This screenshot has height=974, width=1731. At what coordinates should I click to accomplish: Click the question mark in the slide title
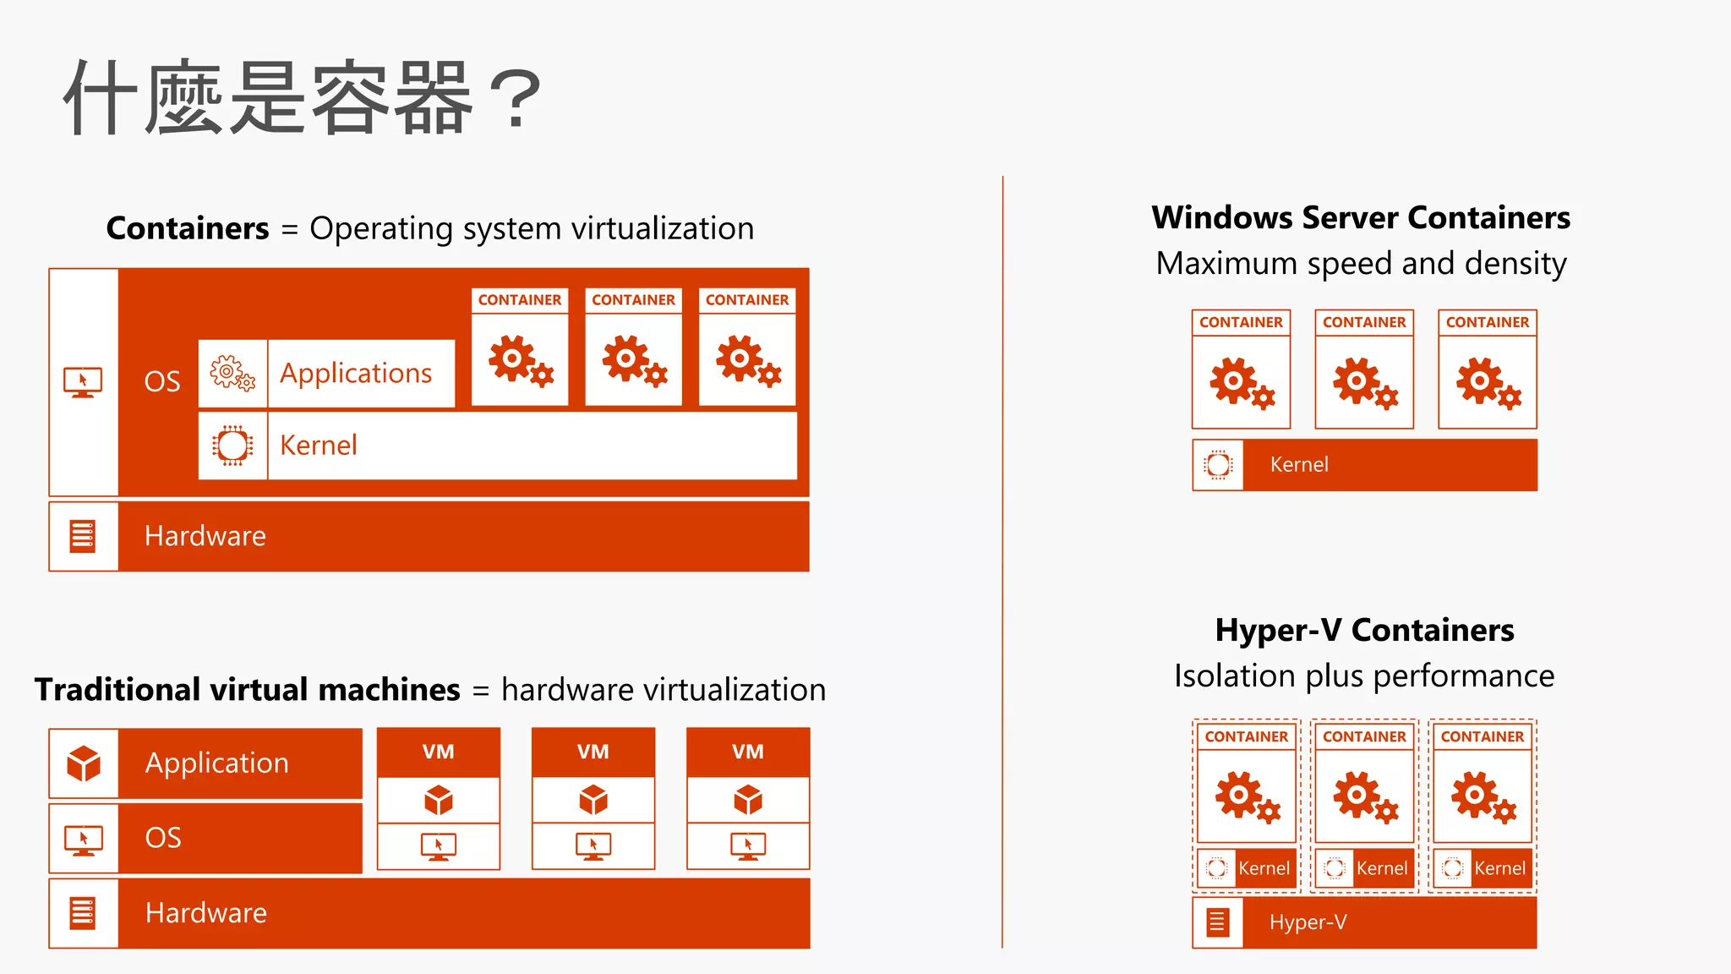(514, 99)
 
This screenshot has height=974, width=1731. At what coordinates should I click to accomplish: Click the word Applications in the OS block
(356, 373)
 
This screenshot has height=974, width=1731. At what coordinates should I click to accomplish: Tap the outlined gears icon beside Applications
(232, 373)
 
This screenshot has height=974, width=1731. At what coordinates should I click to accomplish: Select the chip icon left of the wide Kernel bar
(232, 446)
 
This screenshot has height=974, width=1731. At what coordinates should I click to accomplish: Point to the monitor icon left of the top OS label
(83, 382)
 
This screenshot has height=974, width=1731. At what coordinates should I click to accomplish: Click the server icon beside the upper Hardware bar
(83, 536)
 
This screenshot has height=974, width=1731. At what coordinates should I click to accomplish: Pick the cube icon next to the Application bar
(84, 763)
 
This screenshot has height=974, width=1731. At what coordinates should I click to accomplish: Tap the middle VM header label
(593, 752)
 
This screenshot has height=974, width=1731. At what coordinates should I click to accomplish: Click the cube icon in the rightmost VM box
(748, 800)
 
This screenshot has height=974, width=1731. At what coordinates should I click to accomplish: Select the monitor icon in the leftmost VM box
(439, 845)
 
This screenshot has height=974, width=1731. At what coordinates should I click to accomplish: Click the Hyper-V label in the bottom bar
(1308, 922)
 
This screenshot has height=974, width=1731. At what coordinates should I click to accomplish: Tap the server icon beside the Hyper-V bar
(1217, 922)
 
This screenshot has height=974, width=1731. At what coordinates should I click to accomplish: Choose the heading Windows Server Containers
(1361, 217)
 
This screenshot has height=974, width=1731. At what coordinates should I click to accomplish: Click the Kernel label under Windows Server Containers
(1299, 464)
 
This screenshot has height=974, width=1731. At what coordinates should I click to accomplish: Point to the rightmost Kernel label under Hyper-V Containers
(1499, 868)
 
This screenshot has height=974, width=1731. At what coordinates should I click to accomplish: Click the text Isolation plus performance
(1364, 676)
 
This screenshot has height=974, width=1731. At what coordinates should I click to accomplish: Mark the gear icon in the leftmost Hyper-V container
(1247, 796)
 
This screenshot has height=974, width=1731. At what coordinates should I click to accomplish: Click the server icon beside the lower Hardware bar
(83, 913)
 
